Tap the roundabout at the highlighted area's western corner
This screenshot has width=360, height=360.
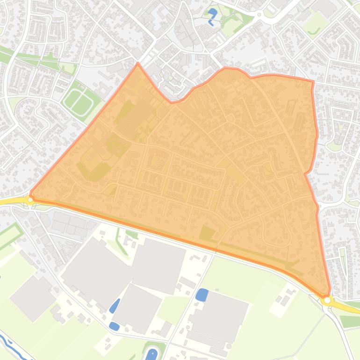[x=30, y=200]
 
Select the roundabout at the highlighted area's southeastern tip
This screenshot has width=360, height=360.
[x=327, y=300]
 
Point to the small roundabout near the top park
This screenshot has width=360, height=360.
[x=259, y=14]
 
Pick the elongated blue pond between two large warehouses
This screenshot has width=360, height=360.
[x=115, y=305]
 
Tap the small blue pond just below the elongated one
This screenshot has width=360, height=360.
[x=114, y=326]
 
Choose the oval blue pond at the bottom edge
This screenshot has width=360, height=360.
[x=151, y=354]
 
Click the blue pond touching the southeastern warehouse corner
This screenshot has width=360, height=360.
[x=202, y=295]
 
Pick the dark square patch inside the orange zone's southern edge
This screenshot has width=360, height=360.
[x=207, y=233]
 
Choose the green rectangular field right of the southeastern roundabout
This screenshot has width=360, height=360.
[x=350, y=321]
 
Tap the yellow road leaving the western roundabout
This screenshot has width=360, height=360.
[x=12, y=202]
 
